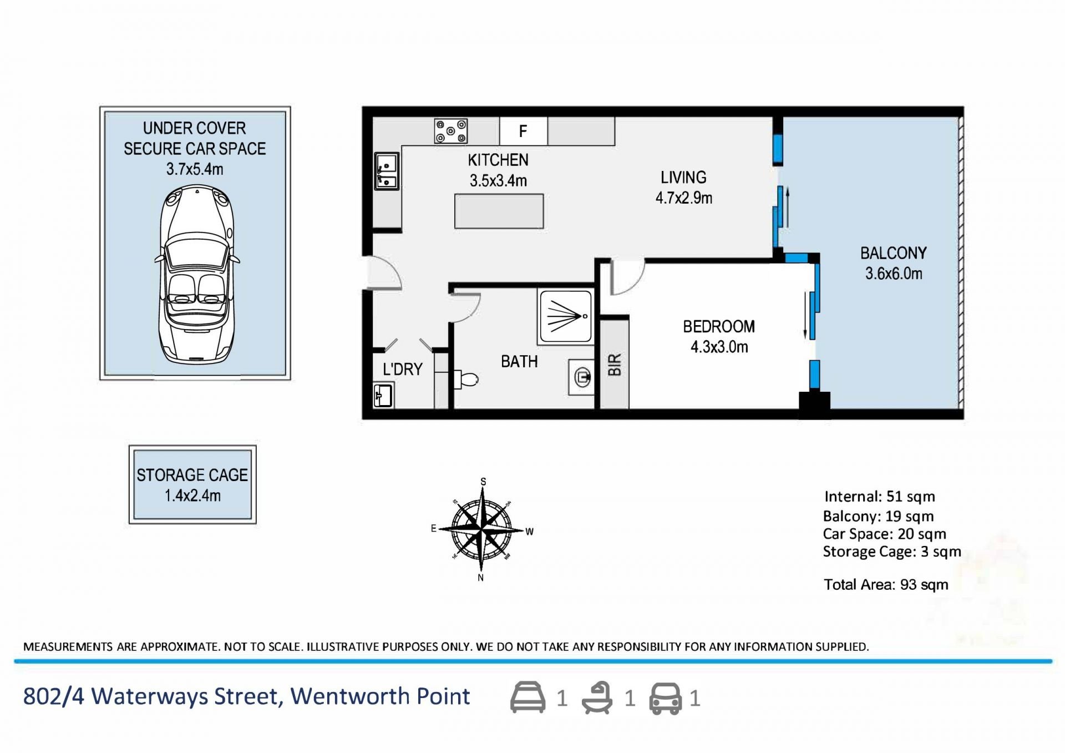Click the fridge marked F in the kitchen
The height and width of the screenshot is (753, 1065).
point(523,131)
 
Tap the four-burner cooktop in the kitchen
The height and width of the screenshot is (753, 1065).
point(450,132)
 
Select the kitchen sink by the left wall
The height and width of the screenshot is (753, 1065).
point(387,171)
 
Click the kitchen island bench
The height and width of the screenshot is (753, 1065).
point(499,211)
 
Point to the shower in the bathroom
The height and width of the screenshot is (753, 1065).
point(565,316)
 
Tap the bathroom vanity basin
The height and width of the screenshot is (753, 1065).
point(581,378)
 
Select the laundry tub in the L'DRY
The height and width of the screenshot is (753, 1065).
point(383,396)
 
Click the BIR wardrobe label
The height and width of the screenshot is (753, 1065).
point(615,365)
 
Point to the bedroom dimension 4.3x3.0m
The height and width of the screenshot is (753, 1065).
point(719,347)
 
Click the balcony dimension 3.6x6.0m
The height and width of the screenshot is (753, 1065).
point(894,273)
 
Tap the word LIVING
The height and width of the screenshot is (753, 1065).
point(683,178)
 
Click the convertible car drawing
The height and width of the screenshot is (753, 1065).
point(197,275)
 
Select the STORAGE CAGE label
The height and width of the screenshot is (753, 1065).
point(192,475)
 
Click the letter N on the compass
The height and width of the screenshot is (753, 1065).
point(481,578)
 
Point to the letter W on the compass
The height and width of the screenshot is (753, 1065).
point(530,532)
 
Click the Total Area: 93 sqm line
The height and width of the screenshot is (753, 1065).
point(886,584)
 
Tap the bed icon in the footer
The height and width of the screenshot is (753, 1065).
point(528,698)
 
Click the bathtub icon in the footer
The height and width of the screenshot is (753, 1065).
point(597,698)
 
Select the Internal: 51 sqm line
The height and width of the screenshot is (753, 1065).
point(879,496)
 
